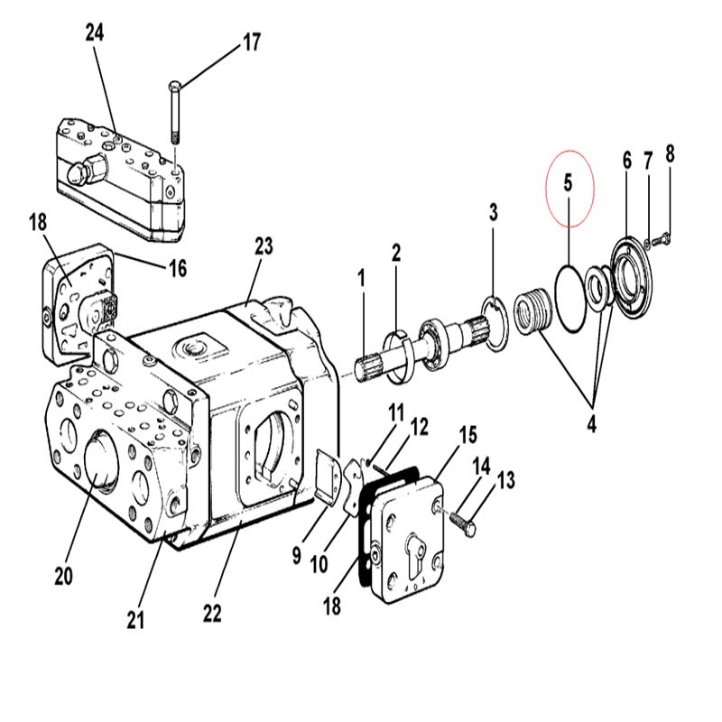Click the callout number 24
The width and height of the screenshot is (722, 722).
tap(95, 33)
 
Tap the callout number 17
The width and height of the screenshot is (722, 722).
tap(252, 42)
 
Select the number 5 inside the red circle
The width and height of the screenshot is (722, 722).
tap(568, 183)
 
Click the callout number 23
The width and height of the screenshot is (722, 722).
tap(264, 246)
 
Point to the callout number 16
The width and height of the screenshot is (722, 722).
tap(178, 268)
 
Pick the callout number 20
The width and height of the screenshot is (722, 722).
tap(63, 576)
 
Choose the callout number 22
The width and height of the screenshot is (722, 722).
tap(212, 613)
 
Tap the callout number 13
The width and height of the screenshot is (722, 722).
tap(506, 480)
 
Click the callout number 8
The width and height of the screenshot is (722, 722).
tap(670, 153)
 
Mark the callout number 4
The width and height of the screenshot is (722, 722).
tap(592, 423)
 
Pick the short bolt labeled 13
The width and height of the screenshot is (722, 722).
tap(461, 523)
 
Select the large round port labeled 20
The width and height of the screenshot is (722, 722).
tap(102, 461)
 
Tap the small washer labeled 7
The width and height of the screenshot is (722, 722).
tap(647, 243)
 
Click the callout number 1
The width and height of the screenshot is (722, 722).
tap(362, 279)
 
